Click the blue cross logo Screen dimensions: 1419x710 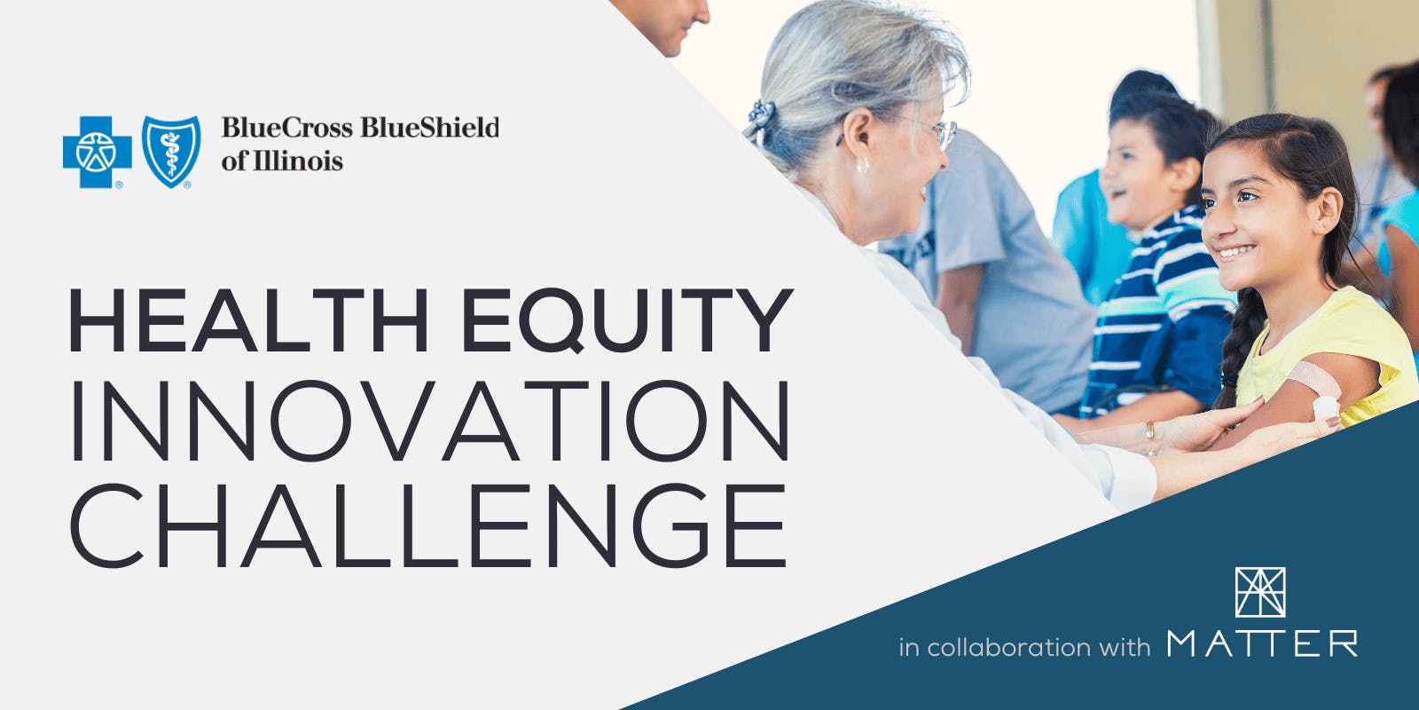[x=97, y=152]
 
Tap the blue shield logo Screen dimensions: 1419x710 [x=171, y=152]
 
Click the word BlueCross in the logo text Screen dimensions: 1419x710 [x=287, y=128]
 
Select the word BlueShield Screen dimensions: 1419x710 [x=430, y=128]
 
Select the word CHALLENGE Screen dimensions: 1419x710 [x=428, y=525]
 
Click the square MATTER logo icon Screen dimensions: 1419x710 [x=1260, y=592]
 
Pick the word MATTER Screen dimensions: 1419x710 [x=1262, y=643]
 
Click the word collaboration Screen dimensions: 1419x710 [x=1009, y=647]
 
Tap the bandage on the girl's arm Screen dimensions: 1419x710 [x=1318, y=388]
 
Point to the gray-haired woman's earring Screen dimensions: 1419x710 [x=862, y=166]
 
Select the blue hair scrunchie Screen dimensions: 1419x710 [x=761, y=114]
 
